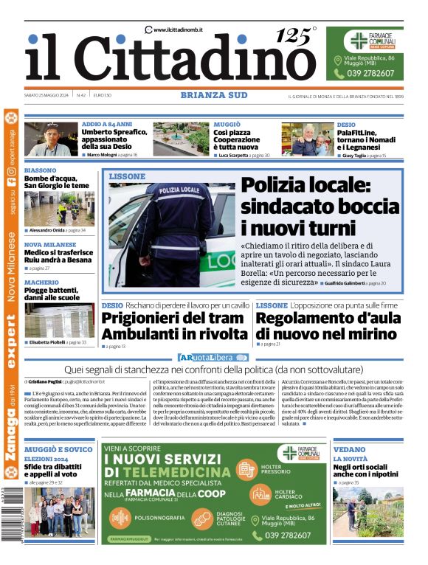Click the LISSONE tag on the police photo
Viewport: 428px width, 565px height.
pyautogui.click(x=127, y=177)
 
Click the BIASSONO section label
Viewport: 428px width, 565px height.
pyautogui.click(x=40, y=170)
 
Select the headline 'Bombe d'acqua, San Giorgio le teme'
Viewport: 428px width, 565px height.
pyautogui.click(x=56, y=181)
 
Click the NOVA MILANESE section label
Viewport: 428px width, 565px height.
pyautogui.click(x=50, y=245)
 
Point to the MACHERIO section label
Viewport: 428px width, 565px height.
pyautogui.click(x=41, y=282)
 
